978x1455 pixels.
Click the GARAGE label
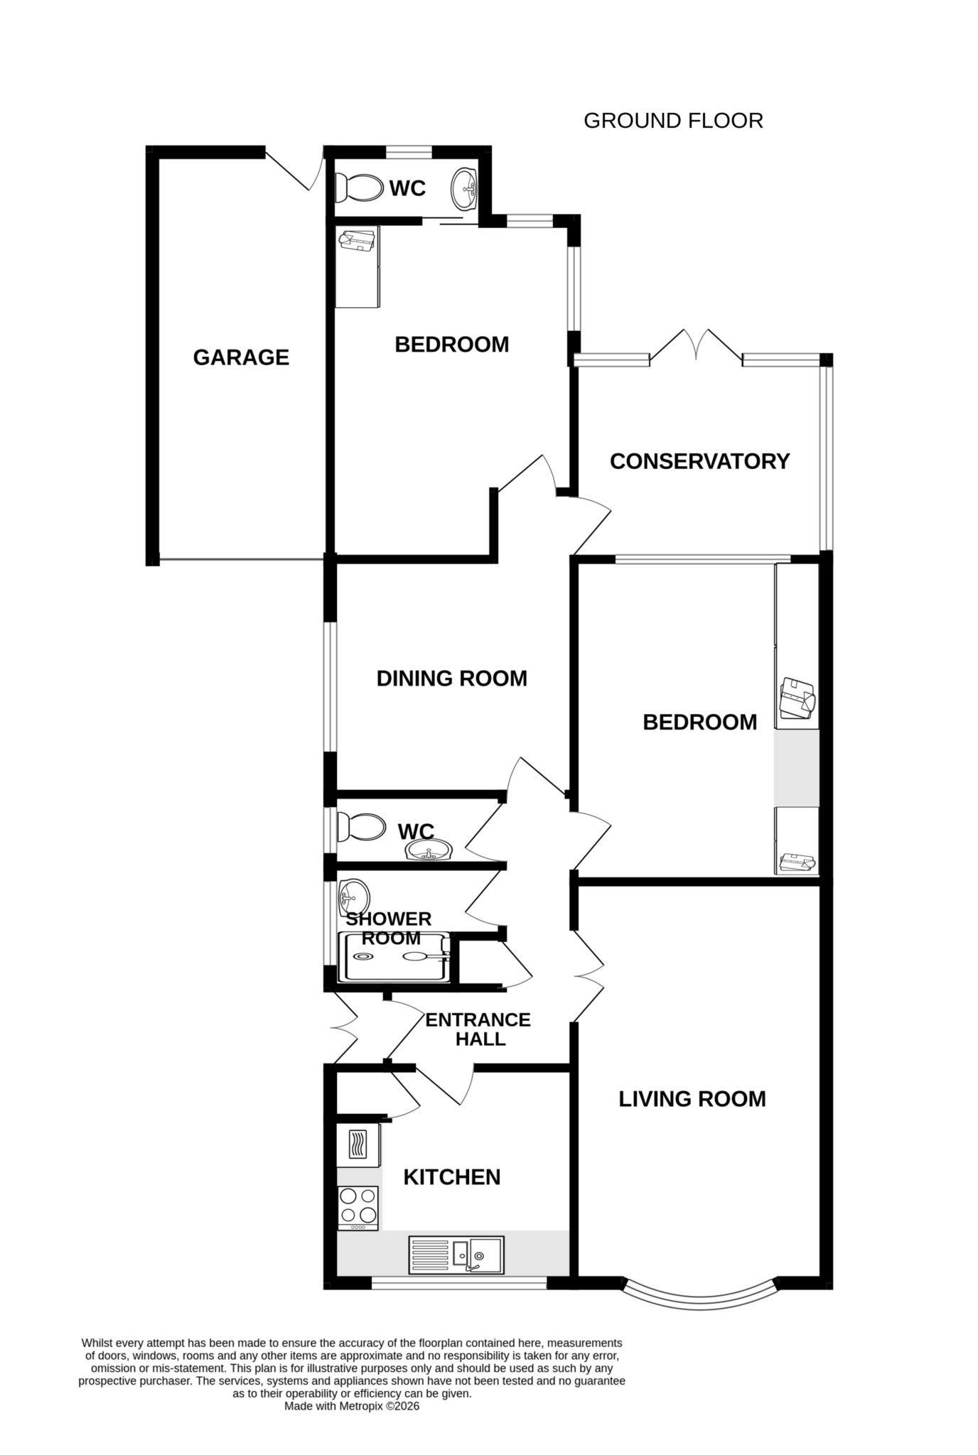(241, 357)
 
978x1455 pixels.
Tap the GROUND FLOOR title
(672, 121)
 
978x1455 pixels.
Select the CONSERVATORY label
(699, 461)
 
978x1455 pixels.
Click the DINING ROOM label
(451, 678)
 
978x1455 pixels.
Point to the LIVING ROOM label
(692, 1098)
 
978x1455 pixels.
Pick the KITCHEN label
(451, 1177)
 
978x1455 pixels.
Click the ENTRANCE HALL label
(478, 1029)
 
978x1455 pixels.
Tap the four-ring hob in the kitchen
(358, 1207)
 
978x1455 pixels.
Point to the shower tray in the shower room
(394, 957)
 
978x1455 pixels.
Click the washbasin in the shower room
(354, 894)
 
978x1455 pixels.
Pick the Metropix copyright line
(352, 1406)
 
